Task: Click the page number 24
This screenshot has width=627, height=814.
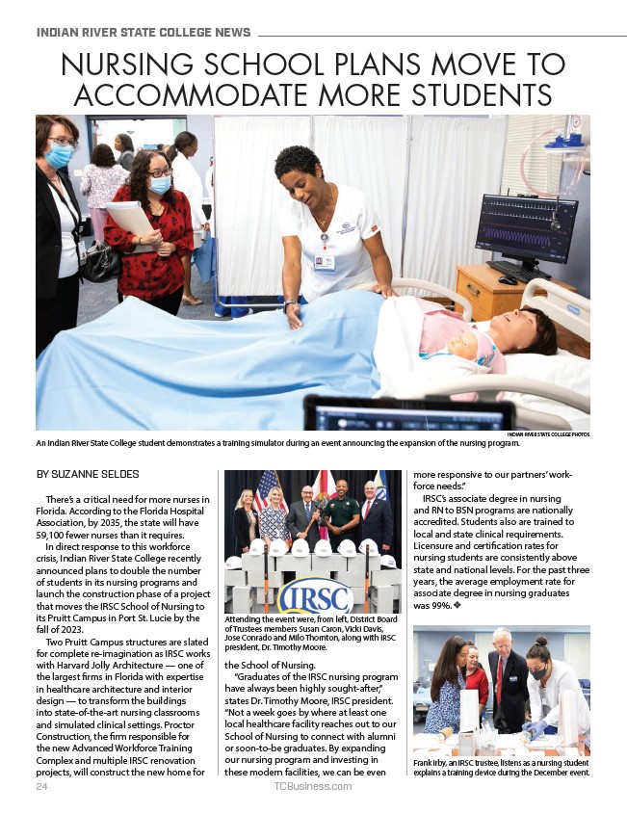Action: [41, 787]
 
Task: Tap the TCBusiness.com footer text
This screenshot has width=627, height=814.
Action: [312, 787]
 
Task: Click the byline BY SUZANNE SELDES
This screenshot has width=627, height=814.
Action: [88, 473]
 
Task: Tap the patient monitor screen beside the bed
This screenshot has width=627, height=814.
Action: [527, 232]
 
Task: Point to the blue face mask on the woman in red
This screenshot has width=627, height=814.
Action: [160, 184]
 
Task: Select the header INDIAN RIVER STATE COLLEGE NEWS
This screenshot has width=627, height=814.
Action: [144, 33]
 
